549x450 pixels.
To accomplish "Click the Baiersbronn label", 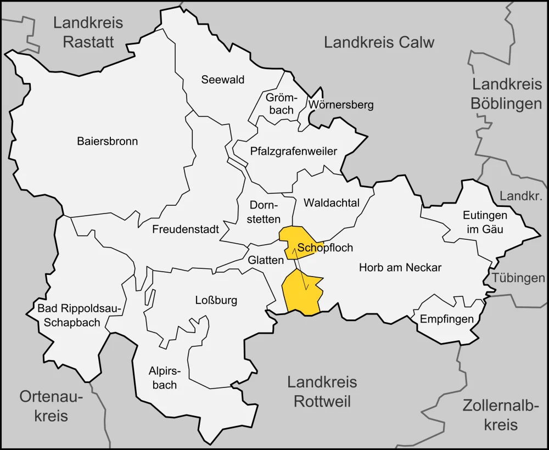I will pos(107,141).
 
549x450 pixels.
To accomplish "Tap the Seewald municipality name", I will pos(222,80).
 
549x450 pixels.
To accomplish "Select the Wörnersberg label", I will pos(340,104).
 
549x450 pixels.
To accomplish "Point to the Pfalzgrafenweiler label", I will pos(293,151).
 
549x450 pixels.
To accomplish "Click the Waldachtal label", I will pos(331,203).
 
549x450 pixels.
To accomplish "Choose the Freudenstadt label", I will pos(186,229).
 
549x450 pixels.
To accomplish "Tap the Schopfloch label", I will pos(325,248).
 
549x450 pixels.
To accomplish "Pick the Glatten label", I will pos(265,260).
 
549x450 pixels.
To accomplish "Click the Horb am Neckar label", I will pos(400,268).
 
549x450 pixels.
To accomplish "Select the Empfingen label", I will pos(446,319).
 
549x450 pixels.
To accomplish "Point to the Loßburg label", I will pos(216,300).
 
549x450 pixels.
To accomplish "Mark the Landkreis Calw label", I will pos(379,42).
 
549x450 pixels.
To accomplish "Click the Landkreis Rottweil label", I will pos(322,391).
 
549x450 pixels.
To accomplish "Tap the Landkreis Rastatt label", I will pos(88,32).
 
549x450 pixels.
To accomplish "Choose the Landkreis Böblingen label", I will pos(507,94).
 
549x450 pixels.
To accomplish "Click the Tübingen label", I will pos(518,278).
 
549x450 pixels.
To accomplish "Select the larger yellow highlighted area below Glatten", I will pos(300,294).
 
